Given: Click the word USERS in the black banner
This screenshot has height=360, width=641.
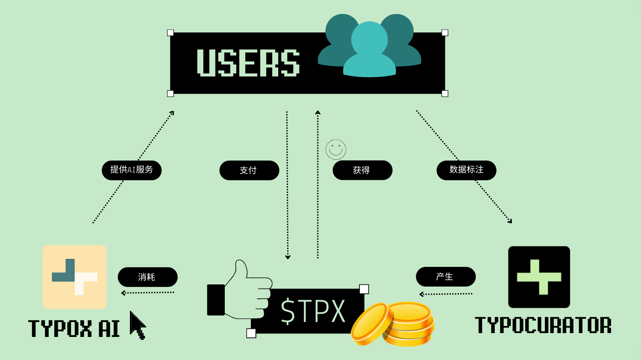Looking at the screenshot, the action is tap(248, 63).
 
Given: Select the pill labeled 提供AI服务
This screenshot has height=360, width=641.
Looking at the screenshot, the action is tap(132, 170).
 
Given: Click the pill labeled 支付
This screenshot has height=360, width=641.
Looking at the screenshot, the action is tap(249, 170).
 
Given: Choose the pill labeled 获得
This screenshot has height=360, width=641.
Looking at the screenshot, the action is tap(362, 170).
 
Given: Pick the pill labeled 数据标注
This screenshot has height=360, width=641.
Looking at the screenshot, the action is tap(467, 170).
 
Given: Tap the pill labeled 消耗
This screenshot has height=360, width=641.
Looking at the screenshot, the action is tap(148, 277).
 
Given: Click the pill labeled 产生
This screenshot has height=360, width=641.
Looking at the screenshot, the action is tap(446, 276).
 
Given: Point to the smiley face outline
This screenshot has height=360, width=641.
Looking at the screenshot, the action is tap(335, 149).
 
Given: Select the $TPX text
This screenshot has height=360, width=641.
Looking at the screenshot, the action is tap(313, 311).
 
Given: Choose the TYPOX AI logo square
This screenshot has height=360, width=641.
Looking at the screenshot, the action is tap(75, 277).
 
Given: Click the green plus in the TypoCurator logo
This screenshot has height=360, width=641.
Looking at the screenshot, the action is tap(539, 277).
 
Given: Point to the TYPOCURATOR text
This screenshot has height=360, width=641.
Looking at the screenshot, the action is tap(543, 325).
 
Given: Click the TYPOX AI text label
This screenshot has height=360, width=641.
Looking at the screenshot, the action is tap(74, 328).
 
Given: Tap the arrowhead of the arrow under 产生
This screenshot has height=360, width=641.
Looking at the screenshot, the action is tap(421, 294).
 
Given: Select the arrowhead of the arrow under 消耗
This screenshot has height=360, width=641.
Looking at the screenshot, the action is tap(123, 293).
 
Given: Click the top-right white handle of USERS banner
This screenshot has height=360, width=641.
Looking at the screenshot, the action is tap(445, 33).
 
